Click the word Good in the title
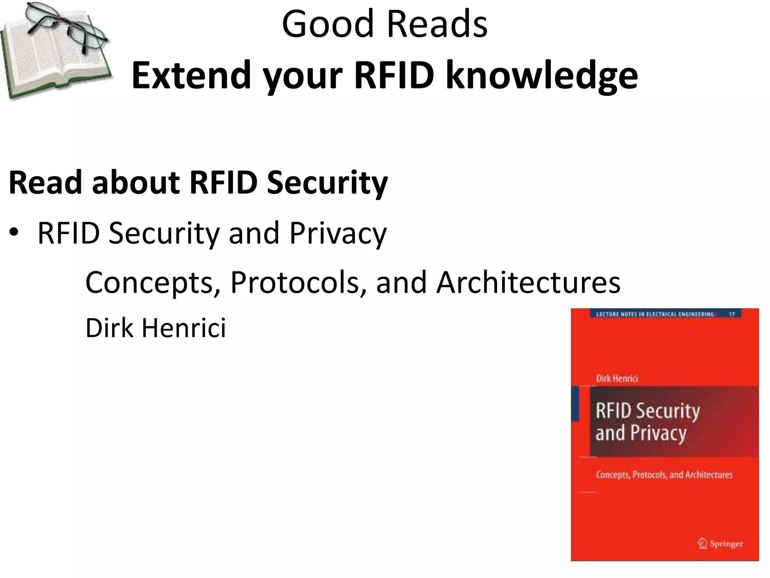click(x=327, y=24)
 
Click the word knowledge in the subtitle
click(x=541, y=76)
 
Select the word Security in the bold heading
click(x=327, y=183)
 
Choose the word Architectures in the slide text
click(x=528, y=282)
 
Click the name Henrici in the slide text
click(x=184, y=328)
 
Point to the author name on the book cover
click(x=617, y=379)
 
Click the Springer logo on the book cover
click(x=720, y=543)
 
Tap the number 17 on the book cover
click(x=731, y=314)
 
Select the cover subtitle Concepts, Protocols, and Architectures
click(x=664, y=475)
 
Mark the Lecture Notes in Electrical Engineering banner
click(x=655, y=314)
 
